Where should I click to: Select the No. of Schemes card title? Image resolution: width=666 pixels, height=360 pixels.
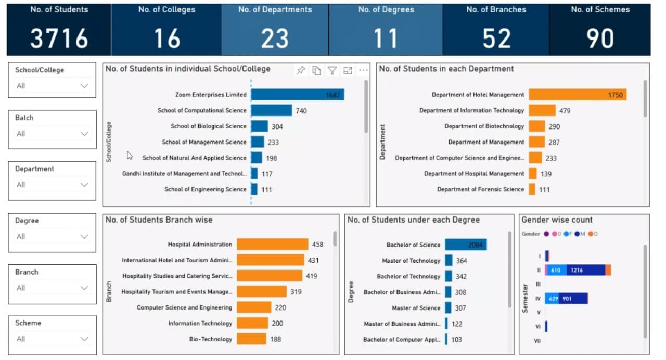(600, 10)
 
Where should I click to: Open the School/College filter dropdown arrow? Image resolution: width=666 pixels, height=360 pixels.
(84, 86)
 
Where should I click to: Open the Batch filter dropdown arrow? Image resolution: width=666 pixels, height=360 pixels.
(84, 134)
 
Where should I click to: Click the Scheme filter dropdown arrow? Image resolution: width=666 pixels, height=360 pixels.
(84, 339)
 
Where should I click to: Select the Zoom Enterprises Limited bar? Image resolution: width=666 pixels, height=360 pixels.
(297, 95)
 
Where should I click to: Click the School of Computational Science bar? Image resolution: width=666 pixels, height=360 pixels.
(271, 110)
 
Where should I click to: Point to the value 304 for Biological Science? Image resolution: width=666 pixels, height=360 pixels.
(277, 126)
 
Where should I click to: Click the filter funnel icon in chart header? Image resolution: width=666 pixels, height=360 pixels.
(332, 71)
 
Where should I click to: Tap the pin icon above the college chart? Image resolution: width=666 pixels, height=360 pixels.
(301, 71)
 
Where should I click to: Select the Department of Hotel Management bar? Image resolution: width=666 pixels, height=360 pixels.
(577, 95)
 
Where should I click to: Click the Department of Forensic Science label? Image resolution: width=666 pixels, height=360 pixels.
(480, 189)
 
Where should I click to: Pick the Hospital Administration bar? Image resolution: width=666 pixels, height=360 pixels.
(272, 244)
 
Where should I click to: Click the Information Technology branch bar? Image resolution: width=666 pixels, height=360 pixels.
(252, 323)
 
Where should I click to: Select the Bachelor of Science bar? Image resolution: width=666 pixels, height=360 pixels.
(466, 245)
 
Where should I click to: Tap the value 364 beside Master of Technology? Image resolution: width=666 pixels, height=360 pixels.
(462, 261)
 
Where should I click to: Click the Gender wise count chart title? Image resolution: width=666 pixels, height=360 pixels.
(557, 220)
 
